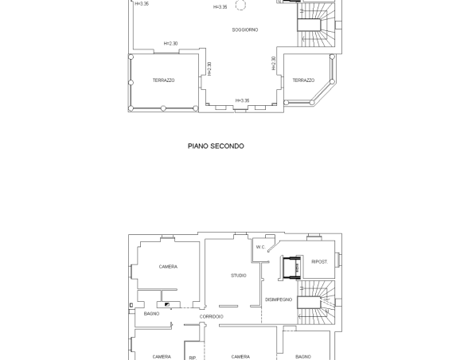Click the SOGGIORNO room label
point(245,30)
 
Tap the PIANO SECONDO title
point(216,146)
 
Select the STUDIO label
point(239,276)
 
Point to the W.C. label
point(260,247)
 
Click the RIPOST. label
point(320,262)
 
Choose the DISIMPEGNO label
point(279,299)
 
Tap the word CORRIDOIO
point(212,317)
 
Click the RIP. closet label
point(193,358)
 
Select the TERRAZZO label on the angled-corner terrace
point(303,80)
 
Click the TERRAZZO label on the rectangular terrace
point(164,80)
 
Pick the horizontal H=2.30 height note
point(170,44)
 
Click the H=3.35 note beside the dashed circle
point(220,7)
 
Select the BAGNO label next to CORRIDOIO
point(151,314)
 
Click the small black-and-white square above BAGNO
point(167,304)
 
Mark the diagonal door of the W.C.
point(274,246)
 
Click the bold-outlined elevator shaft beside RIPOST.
point(291,268)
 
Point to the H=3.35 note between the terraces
point(242,100)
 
